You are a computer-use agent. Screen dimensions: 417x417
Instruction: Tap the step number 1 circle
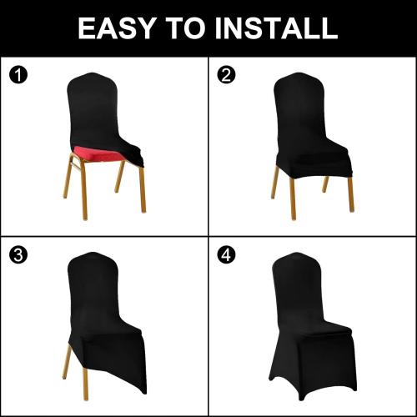click(18, 76)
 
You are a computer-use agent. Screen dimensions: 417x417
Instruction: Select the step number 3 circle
click(18, 255)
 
